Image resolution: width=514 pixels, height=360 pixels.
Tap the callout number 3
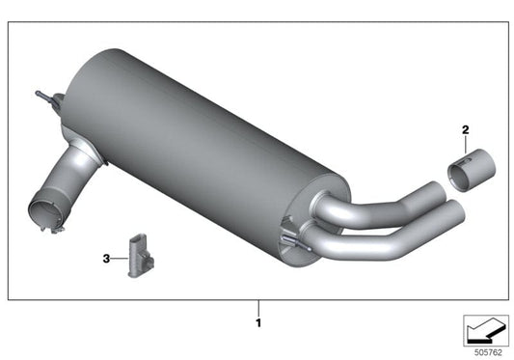pyautogui.click(x=106, y=258)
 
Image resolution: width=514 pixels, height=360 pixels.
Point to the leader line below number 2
pyautogui.click(x=465, y=144)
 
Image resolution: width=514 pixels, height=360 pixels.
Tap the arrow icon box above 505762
pyautogui.click(x=484, y=329)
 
